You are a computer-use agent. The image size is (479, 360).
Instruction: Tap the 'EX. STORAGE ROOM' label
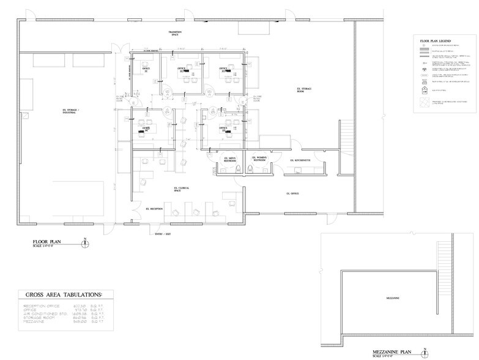[x=304, y=91]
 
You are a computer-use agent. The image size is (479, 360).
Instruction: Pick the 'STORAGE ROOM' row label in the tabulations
[x=40, y=319]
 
